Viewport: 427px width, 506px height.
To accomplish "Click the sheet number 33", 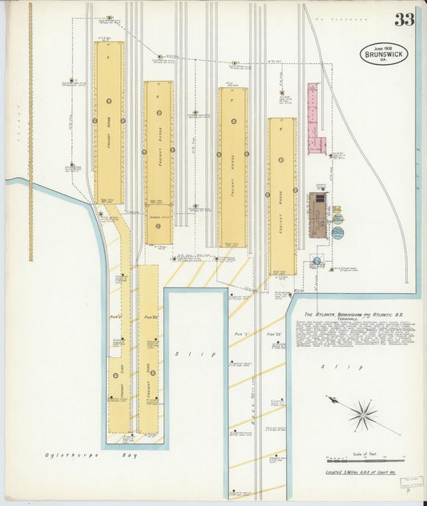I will coord(403,19).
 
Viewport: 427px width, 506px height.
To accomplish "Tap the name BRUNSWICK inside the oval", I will coord(384,54).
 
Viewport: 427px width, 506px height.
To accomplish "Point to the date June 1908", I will coord(384,46).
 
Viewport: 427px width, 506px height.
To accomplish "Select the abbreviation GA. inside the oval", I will coord(384,62).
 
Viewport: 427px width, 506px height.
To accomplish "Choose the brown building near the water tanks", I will coord(319,214).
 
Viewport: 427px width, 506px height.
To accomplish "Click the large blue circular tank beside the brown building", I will coord(337,233).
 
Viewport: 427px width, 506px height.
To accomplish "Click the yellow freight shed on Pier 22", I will coord(148,348).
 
